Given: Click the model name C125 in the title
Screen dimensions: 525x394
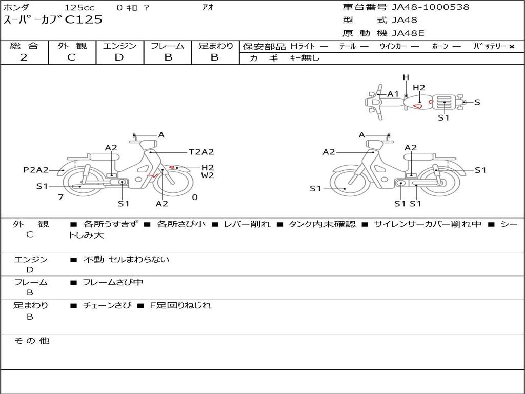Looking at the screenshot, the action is point(84,20).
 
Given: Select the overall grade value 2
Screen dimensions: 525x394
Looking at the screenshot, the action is point(24,57).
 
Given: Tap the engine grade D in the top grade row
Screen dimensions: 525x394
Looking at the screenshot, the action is point(119,57).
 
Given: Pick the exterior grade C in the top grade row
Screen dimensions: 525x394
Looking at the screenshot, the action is point(72,57).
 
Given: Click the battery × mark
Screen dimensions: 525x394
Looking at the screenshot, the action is point(512,47).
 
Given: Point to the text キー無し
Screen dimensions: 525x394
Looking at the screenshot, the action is point(305,58).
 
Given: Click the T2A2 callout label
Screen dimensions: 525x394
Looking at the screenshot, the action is point(201,152).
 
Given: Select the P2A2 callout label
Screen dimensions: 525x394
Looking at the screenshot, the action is point(36,170).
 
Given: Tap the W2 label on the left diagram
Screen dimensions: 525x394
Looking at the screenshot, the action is point(208,175).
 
